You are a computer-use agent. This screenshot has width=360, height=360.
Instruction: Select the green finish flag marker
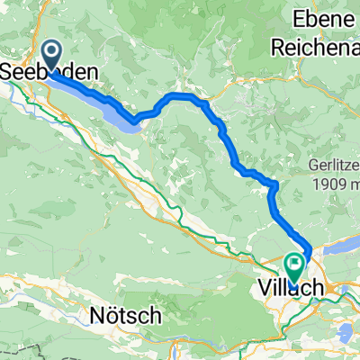[294, 265]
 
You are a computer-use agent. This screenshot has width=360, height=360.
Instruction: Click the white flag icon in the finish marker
[294, 264]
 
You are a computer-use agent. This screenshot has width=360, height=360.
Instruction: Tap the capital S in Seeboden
[14, 69]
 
